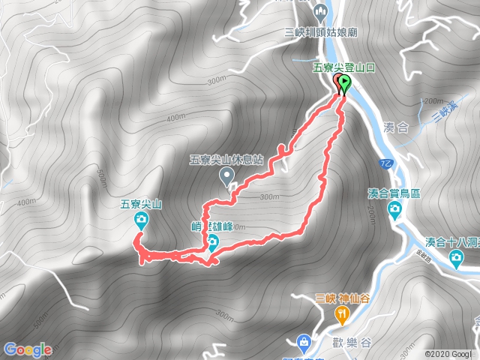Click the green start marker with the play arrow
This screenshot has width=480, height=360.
click(x=345, y=83)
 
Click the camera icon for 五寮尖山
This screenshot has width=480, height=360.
click(x=141, y=219)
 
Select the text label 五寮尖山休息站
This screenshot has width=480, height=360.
click(x=226, y=160)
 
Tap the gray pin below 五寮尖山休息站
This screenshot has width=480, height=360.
click(x=226, y=176)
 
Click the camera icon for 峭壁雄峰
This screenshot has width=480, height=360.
click(x=212, y=241)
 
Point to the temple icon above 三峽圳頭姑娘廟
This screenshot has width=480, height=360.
click(x=320, y=13)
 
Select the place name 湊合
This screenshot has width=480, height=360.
click(x=395, y=128)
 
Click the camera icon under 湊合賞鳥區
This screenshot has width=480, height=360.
click(x=395, y=211)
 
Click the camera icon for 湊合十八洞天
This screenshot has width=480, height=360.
click(x=455, y=259)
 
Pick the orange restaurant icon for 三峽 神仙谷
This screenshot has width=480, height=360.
click(x=342, y=313)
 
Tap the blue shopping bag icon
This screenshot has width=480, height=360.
click(x=304, y=342)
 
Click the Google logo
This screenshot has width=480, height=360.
click(x=28, y=349)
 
